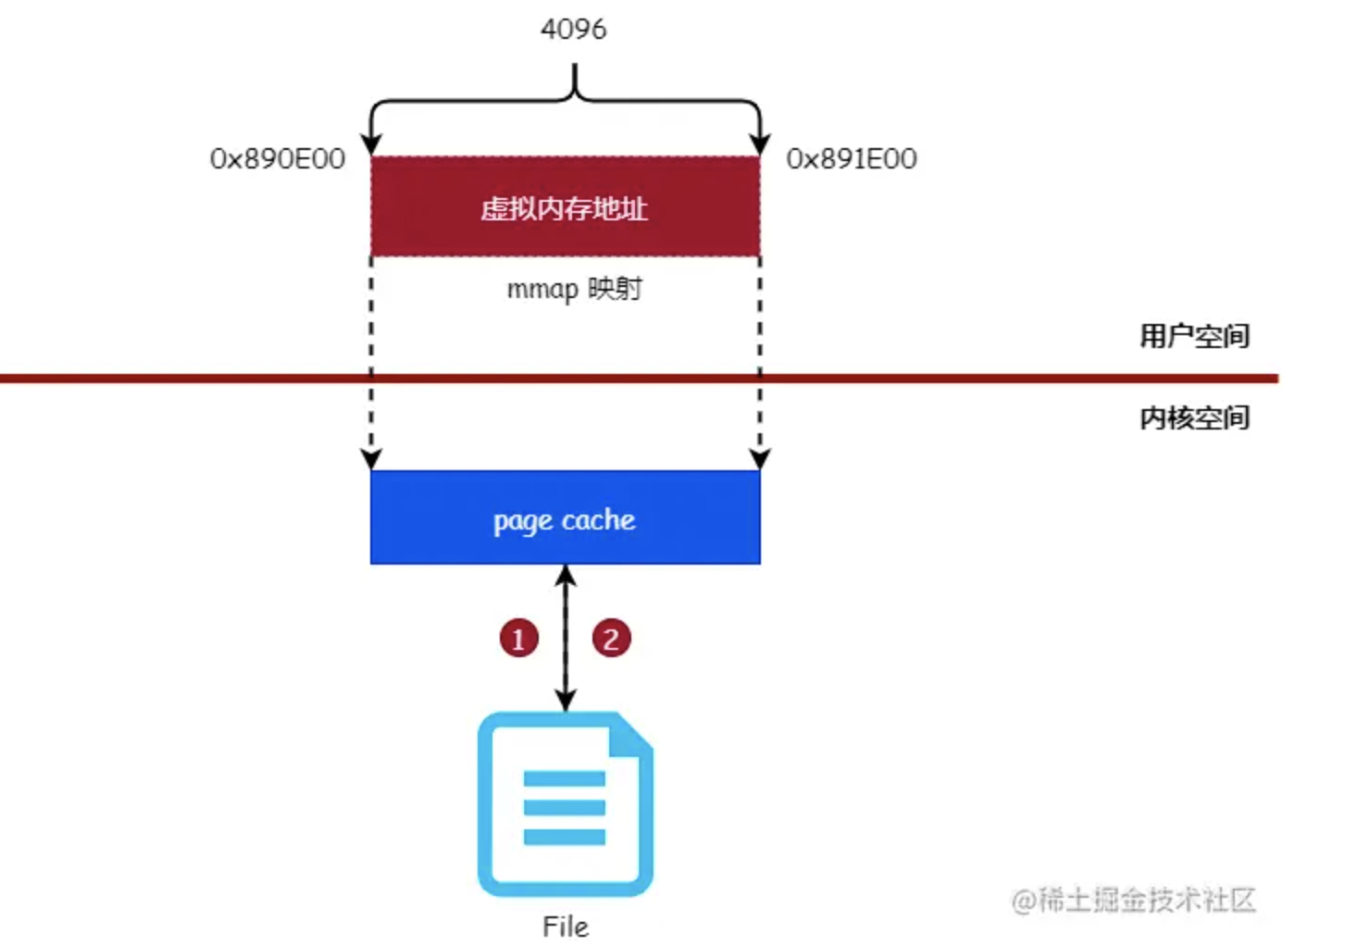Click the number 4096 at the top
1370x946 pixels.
574,29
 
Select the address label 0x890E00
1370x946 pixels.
278,159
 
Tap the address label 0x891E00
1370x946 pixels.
852,159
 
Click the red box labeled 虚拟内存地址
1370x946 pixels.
565,207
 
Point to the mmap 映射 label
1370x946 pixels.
574,289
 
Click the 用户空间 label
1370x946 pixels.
1194,335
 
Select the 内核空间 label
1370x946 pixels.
1194,417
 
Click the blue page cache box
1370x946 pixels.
565,518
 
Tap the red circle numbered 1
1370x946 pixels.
518,639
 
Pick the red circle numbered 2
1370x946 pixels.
611,639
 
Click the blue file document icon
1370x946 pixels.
565,803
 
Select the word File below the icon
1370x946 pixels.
565,927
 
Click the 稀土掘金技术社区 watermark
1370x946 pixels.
1133,900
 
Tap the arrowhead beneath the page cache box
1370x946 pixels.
566,576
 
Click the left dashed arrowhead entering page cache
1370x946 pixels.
371,459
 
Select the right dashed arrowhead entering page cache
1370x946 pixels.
760,459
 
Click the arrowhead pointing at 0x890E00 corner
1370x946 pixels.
371,144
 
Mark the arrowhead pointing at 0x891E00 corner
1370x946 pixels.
760,144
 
